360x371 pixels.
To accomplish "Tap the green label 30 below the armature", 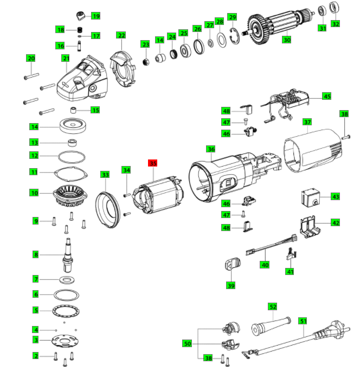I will [x=286, y=40].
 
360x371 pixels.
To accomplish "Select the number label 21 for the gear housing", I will [x=66, y=58].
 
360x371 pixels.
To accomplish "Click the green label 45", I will [x=326, y=96].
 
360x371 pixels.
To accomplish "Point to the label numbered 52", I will [x=273, y=307].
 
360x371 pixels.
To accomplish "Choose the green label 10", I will [x=34, y=193].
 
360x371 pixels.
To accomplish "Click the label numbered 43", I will [x=336, y=196].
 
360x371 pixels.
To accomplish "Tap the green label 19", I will [x=95, y=16].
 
